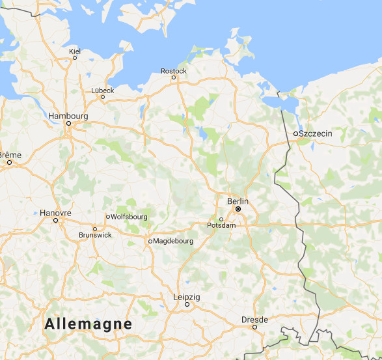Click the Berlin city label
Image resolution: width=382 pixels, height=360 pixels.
click(238, 201)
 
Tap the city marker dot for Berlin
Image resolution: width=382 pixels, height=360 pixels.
click(238, 210)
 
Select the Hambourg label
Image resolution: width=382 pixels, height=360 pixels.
click(68, 116)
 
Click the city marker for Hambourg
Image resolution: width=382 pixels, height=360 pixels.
click(68, 124)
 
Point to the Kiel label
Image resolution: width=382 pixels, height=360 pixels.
click(74, 50)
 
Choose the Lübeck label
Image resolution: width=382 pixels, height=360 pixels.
click(103, 90)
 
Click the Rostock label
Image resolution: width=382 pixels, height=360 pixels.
click(174, 70)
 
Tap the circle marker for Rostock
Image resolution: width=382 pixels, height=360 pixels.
click(174, 77)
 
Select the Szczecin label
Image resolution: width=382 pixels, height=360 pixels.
click(316, 133)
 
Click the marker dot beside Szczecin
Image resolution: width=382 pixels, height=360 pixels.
click(295, 133)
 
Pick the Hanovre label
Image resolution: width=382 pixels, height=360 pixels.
click(55, 212)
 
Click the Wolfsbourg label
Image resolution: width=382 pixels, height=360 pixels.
click(130, 217)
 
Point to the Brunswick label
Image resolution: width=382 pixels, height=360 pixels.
click(95, 235)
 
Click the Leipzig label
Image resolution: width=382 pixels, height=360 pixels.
click(187, 297)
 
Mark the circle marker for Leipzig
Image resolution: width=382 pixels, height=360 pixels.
click(187, 304)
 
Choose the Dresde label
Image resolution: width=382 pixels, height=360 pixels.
click(254, 320)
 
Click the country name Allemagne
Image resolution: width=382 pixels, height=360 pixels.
click(89, 324)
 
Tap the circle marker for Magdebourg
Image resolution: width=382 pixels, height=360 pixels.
click(150, 241)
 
